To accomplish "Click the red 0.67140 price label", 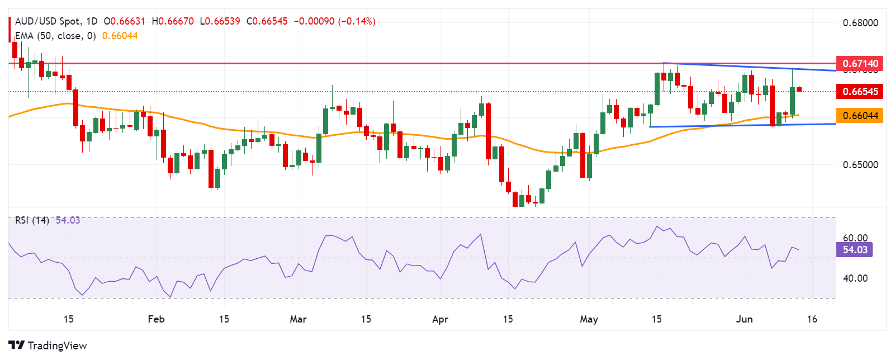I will pos(860,63).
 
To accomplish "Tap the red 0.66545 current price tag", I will pos(860,91).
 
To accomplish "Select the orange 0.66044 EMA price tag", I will pos(860,116).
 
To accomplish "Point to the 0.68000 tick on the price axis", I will pos(860,23).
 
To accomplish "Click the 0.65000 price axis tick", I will pos(860,165).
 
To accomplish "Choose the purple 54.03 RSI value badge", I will pos(855,249).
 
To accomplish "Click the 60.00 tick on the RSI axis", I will pos(855,238).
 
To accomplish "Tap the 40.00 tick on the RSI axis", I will pos(855,278).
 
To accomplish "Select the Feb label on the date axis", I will pos(156,319).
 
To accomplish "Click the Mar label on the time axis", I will pos(298,319).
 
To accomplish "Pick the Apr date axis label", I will pos(441,319).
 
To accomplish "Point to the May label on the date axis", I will pos(589,319).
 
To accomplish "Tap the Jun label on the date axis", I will pos(744,319).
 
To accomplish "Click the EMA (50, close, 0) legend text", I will pos(55,36).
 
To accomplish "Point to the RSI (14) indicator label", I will pos(32,220).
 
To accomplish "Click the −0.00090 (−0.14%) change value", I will pos(334,21).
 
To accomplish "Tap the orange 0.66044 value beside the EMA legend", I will pos(120,36).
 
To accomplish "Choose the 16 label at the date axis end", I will pos(812,319).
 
